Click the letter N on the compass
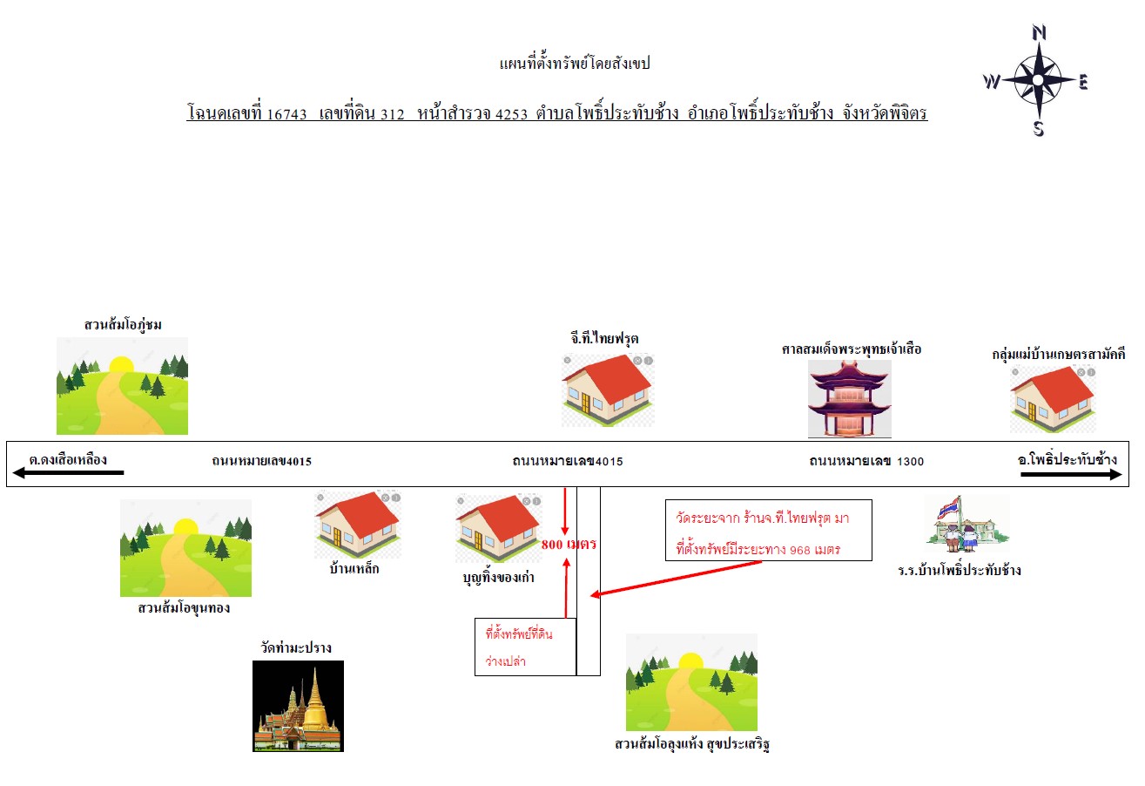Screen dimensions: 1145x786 click(1039, 33)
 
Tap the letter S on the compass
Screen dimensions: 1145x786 click(1039, 128)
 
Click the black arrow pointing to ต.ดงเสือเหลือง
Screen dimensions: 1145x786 click(68, 473)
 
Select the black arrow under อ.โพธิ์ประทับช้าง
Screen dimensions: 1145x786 click(1071, 474)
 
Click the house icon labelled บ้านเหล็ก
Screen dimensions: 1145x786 click(358, 524)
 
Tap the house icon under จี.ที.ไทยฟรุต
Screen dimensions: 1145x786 click(608, 390)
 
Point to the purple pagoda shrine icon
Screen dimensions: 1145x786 click(850, 398)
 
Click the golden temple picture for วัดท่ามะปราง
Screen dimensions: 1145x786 click(298, 706)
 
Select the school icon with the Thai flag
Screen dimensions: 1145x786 click(967, 524)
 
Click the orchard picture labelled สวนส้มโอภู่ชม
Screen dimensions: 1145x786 click(122, 386)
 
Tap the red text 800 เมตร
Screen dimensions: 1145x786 click(569, 544)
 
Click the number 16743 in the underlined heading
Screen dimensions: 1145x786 click(286, 114)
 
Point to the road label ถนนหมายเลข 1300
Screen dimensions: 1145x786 click(866, 461)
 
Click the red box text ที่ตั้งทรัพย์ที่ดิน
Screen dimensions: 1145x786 click(519, 634)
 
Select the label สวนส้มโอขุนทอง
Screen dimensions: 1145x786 click(184, 608)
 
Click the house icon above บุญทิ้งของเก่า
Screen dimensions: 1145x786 click(499, 528)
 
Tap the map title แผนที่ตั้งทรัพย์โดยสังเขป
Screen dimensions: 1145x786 click(575, 63)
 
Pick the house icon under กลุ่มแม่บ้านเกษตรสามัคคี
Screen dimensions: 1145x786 click(1053, 399)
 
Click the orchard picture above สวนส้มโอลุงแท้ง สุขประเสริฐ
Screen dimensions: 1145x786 click(691, 682)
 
